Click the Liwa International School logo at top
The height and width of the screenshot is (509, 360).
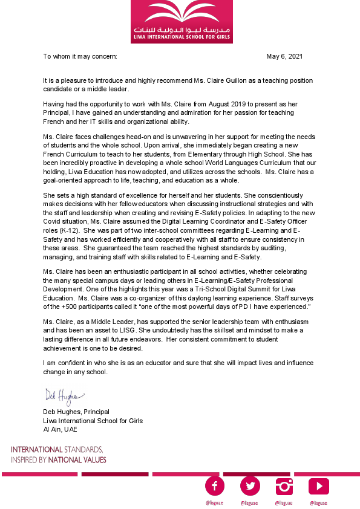point(182,21)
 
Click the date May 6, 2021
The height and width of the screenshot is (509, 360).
point(284,56)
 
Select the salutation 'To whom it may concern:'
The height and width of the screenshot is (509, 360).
point(80,56)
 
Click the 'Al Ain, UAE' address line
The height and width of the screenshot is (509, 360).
point(60,429)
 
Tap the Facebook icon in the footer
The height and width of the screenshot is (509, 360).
point(215,485)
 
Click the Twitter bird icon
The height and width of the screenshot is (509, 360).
point(249,485)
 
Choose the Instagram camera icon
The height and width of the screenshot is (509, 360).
point(284,485)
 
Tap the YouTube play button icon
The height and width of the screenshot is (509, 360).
point(318,485)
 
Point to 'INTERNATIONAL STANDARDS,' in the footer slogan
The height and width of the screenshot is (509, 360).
point(57,450)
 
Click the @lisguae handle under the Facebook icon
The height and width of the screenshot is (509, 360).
point(215,503)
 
